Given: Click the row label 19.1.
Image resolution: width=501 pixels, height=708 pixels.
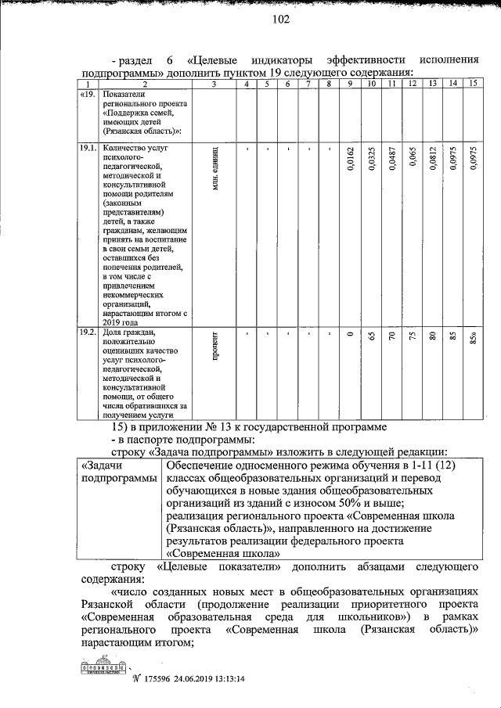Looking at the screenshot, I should coord(88,147).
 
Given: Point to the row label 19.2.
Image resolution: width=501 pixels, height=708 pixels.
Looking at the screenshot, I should coord(88,332).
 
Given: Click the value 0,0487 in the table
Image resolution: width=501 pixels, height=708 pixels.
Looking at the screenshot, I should coord(391,162).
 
